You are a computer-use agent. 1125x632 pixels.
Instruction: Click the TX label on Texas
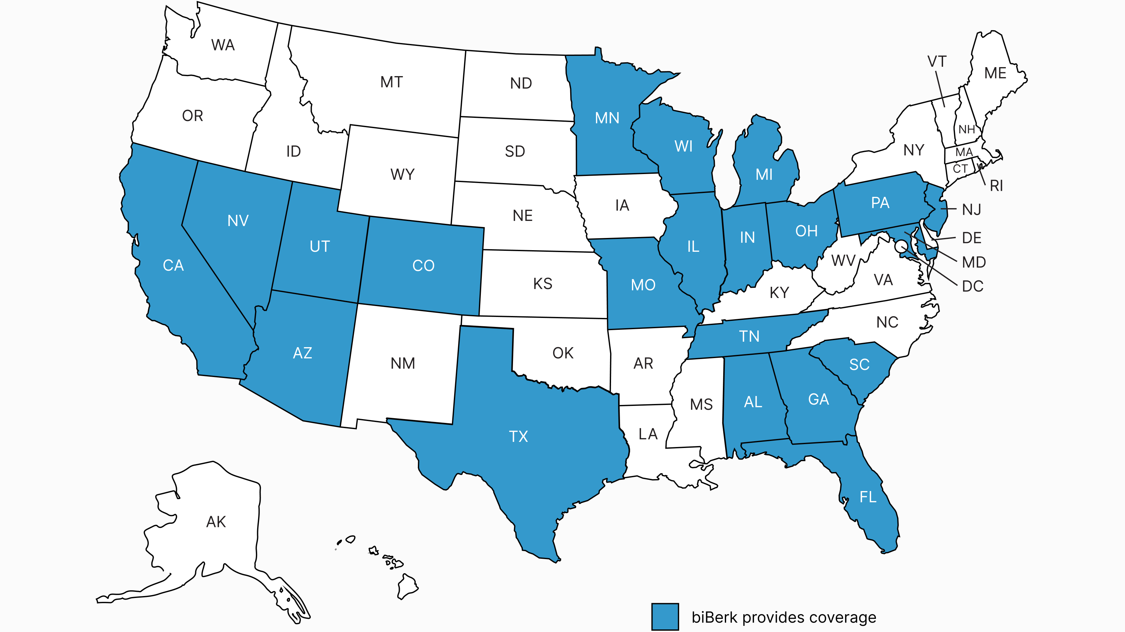(x=518, y=436)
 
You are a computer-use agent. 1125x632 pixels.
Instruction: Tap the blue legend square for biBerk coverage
(x=665, y=617)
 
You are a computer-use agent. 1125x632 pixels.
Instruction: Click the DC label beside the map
(x=973, y=286)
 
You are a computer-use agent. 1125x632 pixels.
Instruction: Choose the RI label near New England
(x=996, y=186)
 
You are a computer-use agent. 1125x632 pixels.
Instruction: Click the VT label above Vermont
(x=937, y=62)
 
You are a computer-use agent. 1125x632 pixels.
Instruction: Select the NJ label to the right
(x=972, y=210)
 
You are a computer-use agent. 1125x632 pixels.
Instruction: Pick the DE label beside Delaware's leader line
(x=972, y=238)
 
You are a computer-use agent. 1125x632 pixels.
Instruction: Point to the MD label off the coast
(x=974, y=262)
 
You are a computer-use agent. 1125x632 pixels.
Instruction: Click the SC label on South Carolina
(x=859, y=364)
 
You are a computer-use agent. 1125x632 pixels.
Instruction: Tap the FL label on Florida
(x=868, y=497)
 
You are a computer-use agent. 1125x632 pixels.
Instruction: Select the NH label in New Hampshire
(x=967, y=130)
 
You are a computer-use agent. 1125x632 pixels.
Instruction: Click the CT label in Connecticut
(x=960, y=169)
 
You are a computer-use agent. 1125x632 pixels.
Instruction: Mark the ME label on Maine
(x=995, y=73)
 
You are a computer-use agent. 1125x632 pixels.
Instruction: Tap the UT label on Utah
(x=320, y=247)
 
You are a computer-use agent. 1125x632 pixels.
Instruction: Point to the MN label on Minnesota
(x=607, y=118)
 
